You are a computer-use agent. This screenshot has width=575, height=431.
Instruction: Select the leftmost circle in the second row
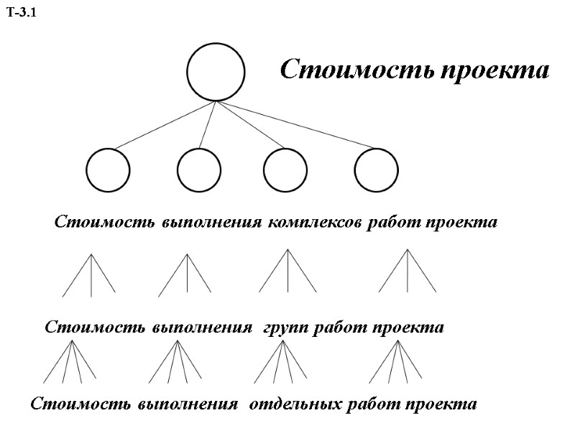click(108, 171)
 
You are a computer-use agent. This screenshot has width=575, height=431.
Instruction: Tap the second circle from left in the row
click(199, 171)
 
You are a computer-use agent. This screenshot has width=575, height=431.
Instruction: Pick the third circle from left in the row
click(285, 171)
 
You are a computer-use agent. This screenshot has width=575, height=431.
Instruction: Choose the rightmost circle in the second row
click(376, 171)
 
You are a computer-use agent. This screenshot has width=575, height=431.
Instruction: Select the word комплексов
click(314, 223)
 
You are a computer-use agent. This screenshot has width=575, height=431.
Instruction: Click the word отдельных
click(295, 404)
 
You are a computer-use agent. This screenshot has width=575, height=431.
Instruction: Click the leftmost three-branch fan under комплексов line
click(90, 275)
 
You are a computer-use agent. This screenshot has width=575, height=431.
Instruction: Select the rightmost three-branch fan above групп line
click(408, 272)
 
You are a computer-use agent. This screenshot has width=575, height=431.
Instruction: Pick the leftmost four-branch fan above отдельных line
click(70, 361)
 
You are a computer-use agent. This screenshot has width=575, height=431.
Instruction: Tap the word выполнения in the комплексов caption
click(211, 223)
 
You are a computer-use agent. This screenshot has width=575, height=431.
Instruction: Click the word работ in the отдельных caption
click(373, 404)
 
